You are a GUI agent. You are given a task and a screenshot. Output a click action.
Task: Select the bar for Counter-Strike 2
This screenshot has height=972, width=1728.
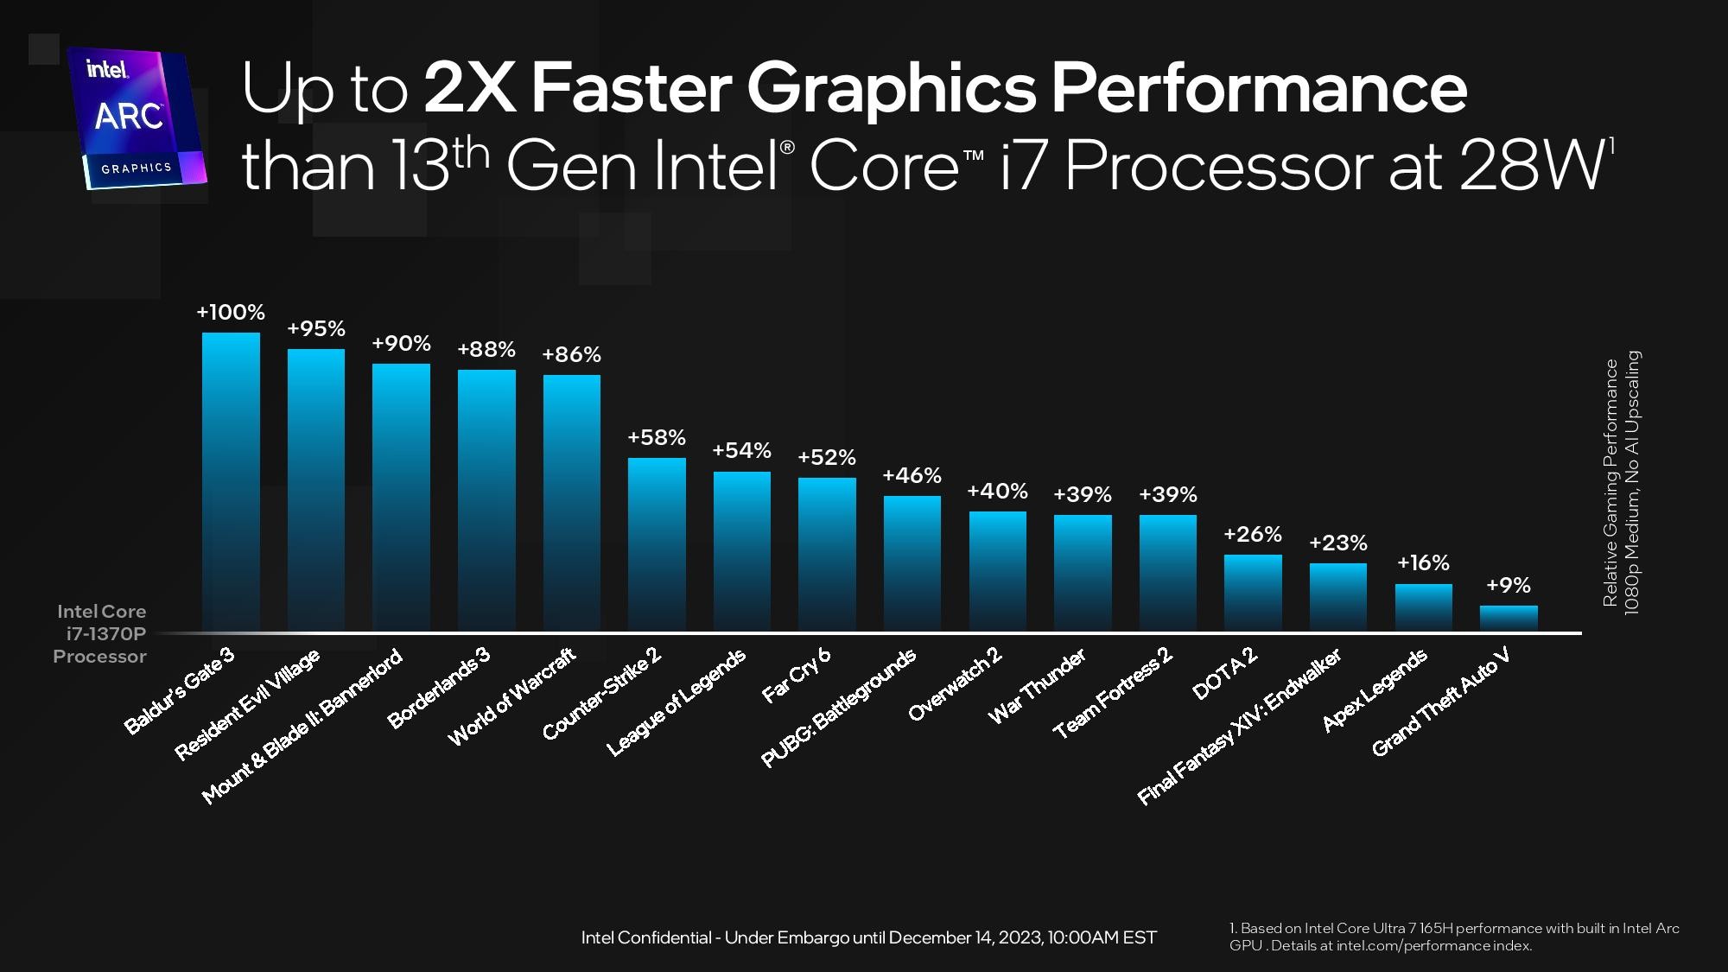pyautogui.click(x=657, y=543)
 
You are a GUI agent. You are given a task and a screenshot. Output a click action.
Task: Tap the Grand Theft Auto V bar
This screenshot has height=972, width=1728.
pyautogui.click(x=1509, y=618)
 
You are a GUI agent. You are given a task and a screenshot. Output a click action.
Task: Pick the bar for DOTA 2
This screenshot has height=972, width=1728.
pyautogui.click(x=1253, y=592)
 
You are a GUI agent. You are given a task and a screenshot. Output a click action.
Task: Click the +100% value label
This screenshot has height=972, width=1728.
pyautogui.click(x=231, y=312)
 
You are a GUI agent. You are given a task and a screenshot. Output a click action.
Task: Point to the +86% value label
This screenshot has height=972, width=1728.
pyautogui.click(x=571, y=354)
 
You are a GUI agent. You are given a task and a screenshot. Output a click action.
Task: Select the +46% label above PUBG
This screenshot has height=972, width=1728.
pyautogui.click(x=912, y=475)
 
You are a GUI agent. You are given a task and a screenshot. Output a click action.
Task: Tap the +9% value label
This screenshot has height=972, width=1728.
pyautogui.click(x=1509, y=585)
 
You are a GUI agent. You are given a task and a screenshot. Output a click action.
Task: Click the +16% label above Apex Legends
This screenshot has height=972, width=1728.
pyautogui.click(x=1423, y=562)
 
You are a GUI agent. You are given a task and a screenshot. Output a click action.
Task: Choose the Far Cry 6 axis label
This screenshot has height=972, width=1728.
pyautogui.click(x=797, y=674)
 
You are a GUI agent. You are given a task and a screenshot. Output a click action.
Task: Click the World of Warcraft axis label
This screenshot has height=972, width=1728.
pyautogui.click(x=511, y=696)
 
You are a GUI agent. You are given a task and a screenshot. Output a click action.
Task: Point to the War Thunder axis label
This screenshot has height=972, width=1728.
pyautogui.click(x=1037, y=686)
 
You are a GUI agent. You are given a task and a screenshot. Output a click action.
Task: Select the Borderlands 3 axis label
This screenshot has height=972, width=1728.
pyautogui.click(x=439, y=687)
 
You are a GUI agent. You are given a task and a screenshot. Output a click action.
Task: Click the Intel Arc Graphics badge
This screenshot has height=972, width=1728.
pyautogui.click(x=137, y=118)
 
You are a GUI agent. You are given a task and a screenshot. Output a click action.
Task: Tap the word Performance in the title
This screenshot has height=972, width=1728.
pyautogui.click(x=1259, y=88)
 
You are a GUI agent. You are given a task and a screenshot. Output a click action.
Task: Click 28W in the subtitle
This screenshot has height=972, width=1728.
pyautogui.click(x=1531, y=166)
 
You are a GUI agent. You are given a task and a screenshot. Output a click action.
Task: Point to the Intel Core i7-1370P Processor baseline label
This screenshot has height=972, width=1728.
pyautogui.click(x=100, y=633)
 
